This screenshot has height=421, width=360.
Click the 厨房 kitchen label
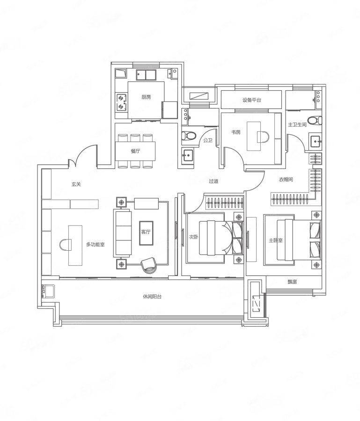(x=146, y=97)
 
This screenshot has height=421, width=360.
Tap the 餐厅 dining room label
(x=135, y=151)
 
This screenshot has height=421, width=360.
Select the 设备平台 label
(x=251, y=100)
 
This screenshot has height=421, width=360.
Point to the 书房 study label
(x=236, y=132)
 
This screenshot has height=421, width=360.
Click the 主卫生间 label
(x=297, y=124)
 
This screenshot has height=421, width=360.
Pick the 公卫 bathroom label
(x=208, y=140)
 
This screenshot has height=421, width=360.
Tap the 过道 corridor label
(x=213, y=181)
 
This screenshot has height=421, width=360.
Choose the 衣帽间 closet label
(x=286, y=180)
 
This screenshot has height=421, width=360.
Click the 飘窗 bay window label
(x=292, y=282)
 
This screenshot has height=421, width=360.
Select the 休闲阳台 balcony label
(x=152, y=297)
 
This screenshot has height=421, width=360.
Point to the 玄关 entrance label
(x=76, y=184)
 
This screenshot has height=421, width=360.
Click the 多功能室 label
(x=96, y=245)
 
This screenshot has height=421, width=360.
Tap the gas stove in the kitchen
(x=121, y=102)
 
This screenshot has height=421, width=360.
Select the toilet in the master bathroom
(x=315, y=120)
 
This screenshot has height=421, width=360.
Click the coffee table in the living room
(x=146, y=233)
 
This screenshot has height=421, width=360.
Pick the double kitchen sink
(x=146, y=75)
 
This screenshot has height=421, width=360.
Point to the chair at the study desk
(x=263, y=137)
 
